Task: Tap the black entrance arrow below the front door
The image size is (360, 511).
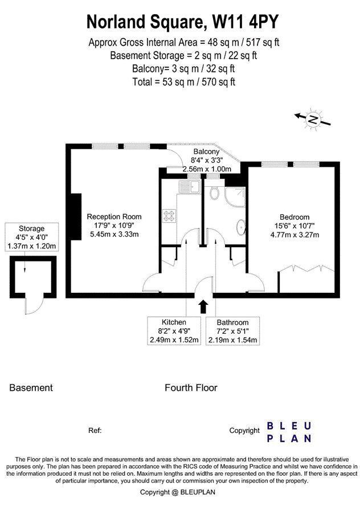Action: [x=203, y=306]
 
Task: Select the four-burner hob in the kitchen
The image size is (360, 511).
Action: [x=169, y=215]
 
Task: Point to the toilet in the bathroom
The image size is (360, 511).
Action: [x=214, y=193]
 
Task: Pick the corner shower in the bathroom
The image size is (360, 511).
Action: [x=235, y=197]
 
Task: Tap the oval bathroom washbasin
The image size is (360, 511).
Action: [x=241, y=227]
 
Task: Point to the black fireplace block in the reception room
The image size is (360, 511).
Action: [x=76, y=216]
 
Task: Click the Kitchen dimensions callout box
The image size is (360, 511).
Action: [x=174, y=331]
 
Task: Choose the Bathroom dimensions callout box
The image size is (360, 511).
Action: [x=232, y=331]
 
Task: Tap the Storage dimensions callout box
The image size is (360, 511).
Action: [x=31, y=237]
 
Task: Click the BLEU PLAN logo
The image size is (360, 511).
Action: [x=289, y=432]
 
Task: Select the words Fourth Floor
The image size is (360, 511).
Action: [x=191, y=388]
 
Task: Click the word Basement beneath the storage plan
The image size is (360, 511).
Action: [x=31, y=388]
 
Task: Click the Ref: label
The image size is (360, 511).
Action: [x=95, y=431]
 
